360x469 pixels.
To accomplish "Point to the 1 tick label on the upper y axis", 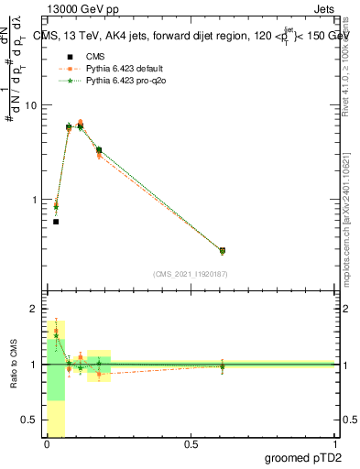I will click(x=35, y=200).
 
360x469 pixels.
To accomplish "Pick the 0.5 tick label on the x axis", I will click(x=191, y=444).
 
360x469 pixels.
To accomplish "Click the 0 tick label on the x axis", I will click(x=47, y=444).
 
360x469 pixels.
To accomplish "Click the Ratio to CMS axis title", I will click(x=14, y=365).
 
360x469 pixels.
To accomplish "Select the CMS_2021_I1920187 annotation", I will click(x=191, y=274).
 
